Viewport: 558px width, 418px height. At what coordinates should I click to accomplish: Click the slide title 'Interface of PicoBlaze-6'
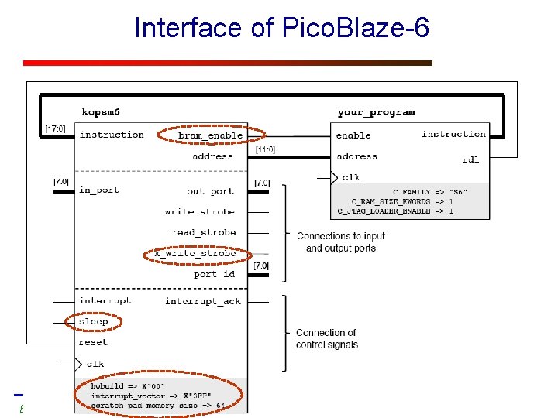pyautogui.click(x=281, y=29)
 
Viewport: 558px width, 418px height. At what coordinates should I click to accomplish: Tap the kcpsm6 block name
pyautogui.click(x=101, y=112)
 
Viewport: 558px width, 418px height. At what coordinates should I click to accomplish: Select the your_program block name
pyautogui.click(x=376, y=112)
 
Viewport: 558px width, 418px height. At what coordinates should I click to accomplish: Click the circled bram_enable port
pyautogui.click(x=210, y=135)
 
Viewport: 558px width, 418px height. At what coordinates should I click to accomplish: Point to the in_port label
pyautogui.click(x=98, y=190)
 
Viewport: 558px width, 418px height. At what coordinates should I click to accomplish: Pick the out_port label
pyautogui.click(x=210, y=191)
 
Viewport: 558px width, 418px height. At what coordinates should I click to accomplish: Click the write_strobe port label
pyautogui.click(x=199, y=211)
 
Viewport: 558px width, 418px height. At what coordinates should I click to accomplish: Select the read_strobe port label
pyautogui.click(x=203, y=232)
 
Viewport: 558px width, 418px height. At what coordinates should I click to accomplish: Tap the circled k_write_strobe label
pyautogui.click(x=195, y=253)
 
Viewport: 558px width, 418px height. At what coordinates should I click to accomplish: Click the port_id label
pyautogui.click(x=214, y=274)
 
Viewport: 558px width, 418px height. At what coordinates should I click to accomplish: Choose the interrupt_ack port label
pyautogui.click(x=202, y=301)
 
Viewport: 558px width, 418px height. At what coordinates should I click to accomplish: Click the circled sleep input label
pyautogui.click(x=93, y=321)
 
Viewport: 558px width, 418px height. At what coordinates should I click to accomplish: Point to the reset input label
pyautogui.click(x=93, y=342)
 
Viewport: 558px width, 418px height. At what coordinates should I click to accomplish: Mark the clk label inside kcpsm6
pyautogui.click(x=95, y=363)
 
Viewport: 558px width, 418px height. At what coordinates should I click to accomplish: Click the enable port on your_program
pyautogui.click(x=353, y=135)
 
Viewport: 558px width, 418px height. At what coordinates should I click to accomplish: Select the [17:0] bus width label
pyautogui.click(x=55, y=128)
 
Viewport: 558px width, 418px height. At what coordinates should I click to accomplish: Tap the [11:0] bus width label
pyautogui.click(x=265, y=150)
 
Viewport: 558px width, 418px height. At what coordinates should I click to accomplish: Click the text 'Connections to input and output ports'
pyautogui.click(x=340, y=242)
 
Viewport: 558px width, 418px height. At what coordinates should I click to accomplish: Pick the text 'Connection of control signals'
pyautogui.click(x=326, y=338)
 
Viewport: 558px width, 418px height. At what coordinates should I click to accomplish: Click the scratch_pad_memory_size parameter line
pyautogui.click(x=158, y=405)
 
